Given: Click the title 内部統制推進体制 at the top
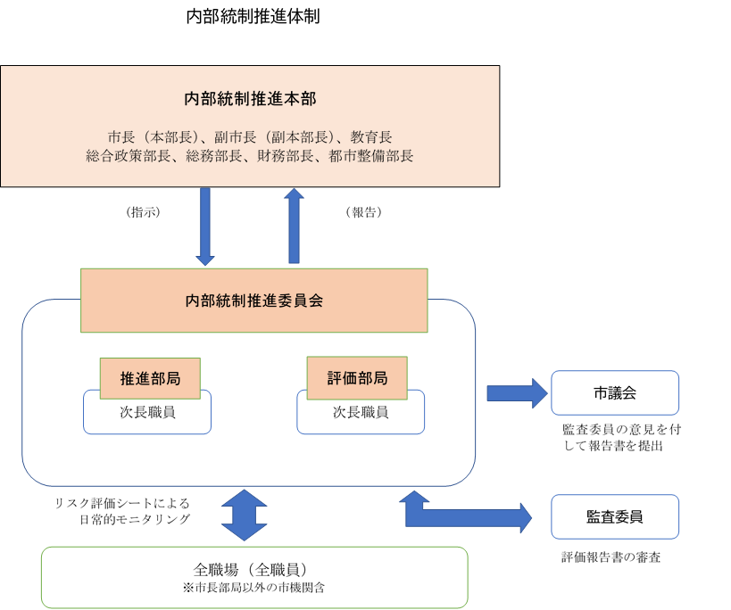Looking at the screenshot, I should click(253, 17).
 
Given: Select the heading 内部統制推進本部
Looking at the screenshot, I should click(250, 98).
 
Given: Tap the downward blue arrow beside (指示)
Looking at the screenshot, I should click(205, 227).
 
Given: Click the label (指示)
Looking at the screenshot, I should click(144, 212).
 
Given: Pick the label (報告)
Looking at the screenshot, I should click(362, 212).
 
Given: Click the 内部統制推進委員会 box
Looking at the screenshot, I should click(253, 301).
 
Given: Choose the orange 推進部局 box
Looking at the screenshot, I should click(150, 378).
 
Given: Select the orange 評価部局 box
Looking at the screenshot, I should click(357, 378).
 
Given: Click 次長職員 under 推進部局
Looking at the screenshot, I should click(147, 414).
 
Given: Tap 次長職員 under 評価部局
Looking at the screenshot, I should click(361, 414).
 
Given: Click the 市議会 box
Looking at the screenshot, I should click(614, 393).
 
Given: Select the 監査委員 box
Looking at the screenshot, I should click(614, 516).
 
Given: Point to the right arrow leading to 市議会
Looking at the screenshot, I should click(517, 393).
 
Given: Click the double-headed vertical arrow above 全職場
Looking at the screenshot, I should click(245, 515).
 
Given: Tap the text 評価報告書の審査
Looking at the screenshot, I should click(611, 557).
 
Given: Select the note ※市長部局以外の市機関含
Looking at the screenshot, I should click(253, 588).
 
